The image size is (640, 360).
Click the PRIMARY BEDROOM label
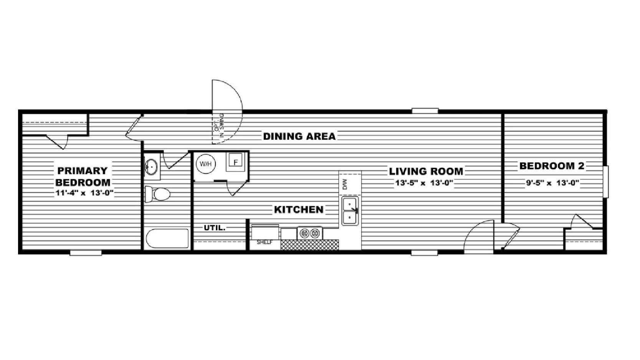coord(83,177)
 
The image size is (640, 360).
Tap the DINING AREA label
coord(299,136)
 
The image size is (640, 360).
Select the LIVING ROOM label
coord(426,171)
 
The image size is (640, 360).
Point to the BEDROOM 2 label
coord(552,166)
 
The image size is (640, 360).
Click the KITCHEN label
coord(299,210)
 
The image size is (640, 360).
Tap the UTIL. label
coord(215,228)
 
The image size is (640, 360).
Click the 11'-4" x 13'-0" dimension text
coord(84,193)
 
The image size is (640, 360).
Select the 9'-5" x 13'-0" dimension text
coord(552,183)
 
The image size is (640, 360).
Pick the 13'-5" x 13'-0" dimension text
coord(424,183)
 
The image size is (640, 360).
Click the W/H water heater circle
coord(206,164)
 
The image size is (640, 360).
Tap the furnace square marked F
coord(235,162)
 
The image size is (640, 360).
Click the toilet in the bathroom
coord(157,194)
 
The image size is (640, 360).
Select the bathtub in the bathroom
coord(167,238)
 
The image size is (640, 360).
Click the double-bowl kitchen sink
coord(350,211)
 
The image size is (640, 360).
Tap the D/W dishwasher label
coord(345,184)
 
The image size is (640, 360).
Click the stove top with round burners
coord(310,233)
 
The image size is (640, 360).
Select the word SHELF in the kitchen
coord(265,243)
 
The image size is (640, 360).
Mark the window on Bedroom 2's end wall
coord(606,182)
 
